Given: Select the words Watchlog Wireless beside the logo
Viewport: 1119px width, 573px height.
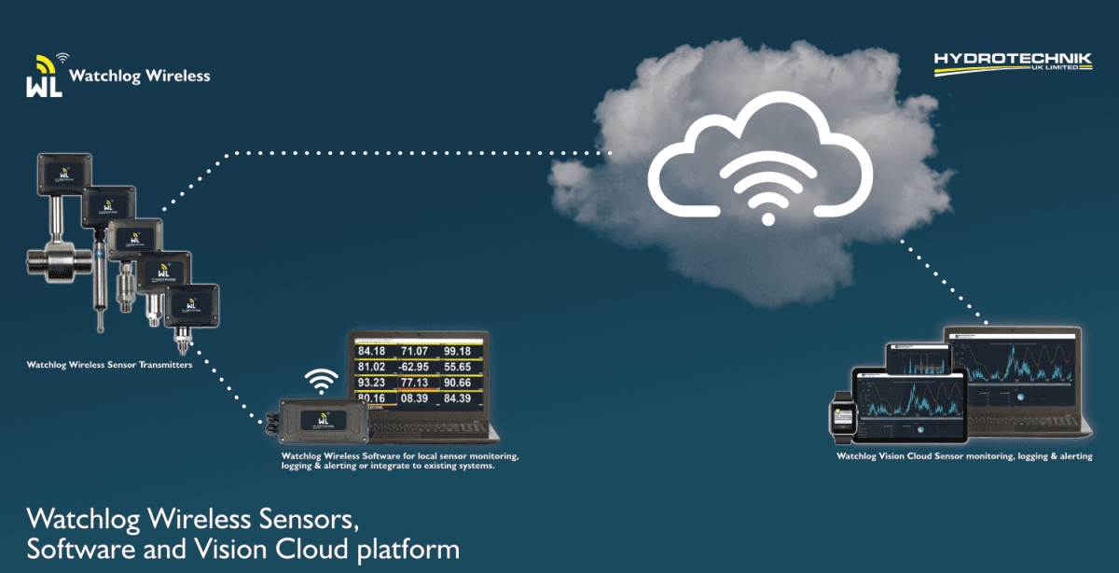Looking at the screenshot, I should [x=140, y=76].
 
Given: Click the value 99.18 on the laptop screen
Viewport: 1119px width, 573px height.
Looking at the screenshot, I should [x=463, y=351].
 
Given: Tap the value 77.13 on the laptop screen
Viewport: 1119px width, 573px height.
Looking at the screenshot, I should [x=416, y=383].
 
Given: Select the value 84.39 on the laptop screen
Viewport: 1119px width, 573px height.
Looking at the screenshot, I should [x=463, y=399].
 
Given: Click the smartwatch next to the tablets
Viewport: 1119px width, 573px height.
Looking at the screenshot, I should [x=841, y=417].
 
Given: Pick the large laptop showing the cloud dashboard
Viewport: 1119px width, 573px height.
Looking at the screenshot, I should [x=1015, y=373].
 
